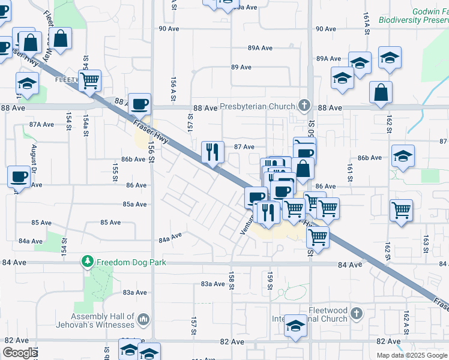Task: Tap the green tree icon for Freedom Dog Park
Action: (88, 262)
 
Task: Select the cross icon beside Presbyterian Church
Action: (304, 106)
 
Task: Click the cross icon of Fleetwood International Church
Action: (357, 313)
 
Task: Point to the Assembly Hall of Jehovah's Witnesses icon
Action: (143, 320)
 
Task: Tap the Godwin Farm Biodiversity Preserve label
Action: (414, 16)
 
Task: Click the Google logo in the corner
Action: (20, 353)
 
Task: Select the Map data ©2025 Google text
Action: (412, 355)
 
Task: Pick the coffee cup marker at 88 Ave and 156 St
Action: (140, 103)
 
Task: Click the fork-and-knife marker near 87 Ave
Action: (212, 152)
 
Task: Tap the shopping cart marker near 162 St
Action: (401, 210)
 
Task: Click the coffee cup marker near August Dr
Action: (19, 176)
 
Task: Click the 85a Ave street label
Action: (135, 204)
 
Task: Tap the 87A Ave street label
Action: (41, 125)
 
